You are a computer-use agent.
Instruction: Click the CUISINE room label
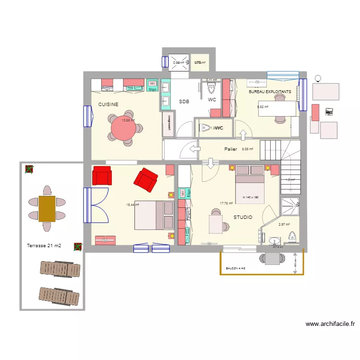pyautogui.click(x=108, y=104)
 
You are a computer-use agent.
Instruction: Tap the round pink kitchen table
pyautogui.click(x=124, y=128)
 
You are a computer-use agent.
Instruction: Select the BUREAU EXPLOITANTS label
pyautogui.click(x=270, y=91)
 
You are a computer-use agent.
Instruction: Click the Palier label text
pyautogui.click(x=230, y=149)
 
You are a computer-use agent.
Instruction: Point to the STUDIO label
pyautogui.click(x=242, y=217)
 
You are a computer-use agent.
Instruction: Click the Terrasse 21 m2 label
pyautogui.click(x=44, y=246)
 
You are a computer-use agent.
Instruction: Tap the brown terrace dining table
pyautogui.click(x=47, y=208)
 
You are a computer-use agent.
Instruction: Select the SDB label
pyautogui.click(x=184, y=102)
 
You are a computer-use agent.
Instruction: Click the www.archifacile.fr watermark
pyautogui.click(x=330, y=324)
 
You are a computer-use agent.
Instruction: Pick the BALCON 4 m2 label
pyautogui.click(x=236, y=268)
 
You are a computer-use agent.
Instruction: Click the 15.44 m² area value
pyautogui.click(x=132, y=204)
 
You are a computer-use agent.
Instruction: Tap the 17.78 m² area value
pyautogui.click(x=226, y=203)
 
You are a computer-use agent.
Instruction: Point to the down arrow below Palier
pyautogui.click(x=212, y=164)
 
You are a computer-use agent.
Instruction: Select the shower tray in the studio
pyautogui.click(x=290, y=207)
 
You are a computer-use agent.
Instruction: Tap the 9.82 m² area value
pyautogui.click(x=263, y=107)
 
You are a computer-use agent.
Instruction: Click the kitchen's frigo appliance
pyautogui.click(x=152, y=85)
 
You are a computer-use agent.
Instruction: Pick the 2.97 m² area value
pyautogui.click(x=284, y=224)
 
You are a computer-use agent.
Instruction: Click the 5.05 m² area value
pyautogui.click(x=248, y=149)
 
